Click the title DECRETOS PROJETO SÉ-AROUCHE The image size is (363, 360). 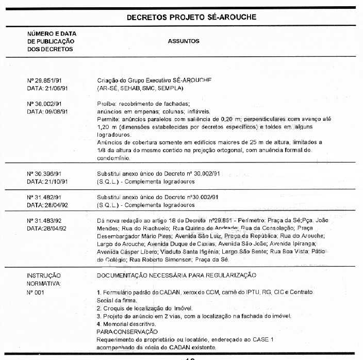click(x=191, y=18)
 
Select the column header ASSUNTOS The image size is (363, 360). click(x=184, y=41)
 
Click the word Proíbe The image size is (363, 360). click(x=107, y=104)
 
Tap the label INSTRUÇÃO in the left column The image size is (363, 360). click(x=43, y=275)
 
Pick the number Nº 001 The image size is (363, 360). click(x=36, y=292)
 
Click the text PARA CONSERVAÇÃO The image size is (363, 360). click(x=127, y=332)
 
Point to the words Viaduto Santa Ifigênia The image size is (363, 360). click(x=187, y=252)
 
